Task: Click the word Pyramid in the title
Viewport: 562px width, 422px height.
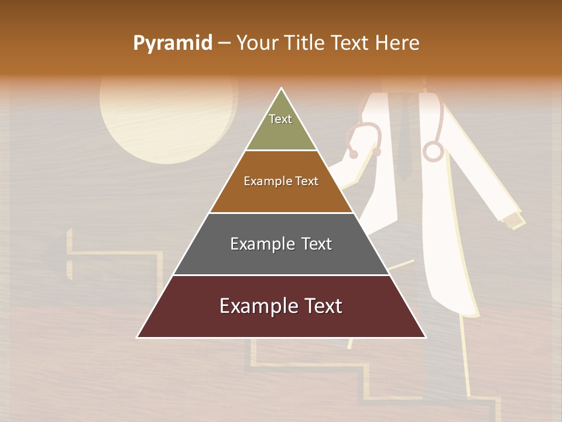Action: [172, 43]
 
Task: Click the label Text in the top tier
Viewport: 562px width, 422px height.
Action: [280, 119]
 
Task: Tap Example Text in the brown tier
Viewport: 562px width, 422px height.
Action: [281, 181]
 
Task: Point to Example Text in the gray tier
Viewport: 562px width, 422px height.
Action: [281, 244]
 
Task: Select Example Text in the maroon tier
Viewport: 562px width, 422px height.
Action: [281, 306]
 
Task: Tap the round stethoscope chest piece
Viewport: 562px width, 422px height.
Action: [433, 152]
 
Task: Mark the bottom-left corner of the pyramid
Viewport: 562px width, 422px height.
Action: [138, 337]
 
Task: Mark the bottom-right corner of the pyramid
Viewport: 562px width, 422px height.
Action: [425, 337]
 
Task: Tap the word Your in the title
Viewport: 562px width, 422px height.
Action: [257, 43]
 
